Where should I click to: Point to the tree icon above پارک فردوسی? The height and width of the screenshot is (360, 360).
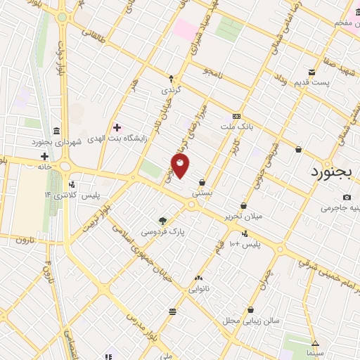pos(163,220)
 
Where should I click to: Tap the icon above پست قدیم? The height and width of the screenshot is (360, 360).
pos(312,72)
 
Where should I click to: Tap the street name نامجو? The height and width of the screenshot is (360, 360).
pos(212,72)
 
